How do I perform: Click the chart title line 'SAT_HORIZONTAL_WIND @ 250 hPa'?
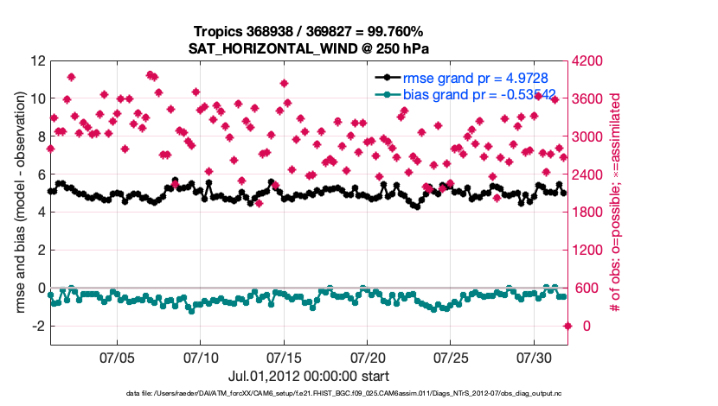click(x=309, y=48)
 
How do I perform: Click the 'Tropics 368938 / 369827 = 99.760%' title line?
click(x=309, y=32)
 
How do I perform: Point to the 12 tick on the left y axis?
click(x=36, y=61)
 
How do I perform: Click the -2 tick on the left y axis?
click(x=36, y=326)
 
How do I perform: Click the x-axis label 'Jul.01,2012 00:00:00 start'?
click(x=309, y=376)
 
